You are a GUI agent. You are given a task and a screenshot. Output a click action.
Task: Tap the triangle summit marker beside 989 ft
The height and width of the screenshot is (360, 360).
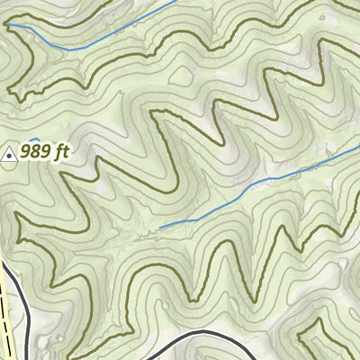[x=10, y=154]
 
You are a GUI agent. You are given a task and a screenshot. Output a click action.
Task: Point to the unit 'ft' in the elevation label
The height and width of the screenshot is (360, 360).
[x=61, y=153]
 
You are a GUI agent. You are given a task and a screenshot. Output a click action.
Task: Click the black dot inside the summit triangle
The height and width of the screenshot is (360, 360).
[x=10, y=155]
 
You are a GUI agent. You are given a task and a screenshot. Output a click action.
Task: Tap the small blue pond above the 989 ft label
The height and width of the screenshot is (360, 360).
[x=35, y=139]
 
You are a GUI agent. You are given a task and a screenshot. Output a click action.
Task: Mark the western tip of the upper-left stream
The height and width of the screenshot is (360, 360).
[x=9, y=26]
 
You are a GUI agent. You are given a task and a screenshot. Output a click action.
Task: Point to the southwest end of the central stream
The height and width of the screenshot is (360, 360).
[x=160, y=227]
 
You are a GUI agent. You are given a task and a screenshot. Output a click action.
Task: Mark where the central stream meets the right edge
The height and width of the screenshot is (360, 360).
[x=358, y=142]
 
